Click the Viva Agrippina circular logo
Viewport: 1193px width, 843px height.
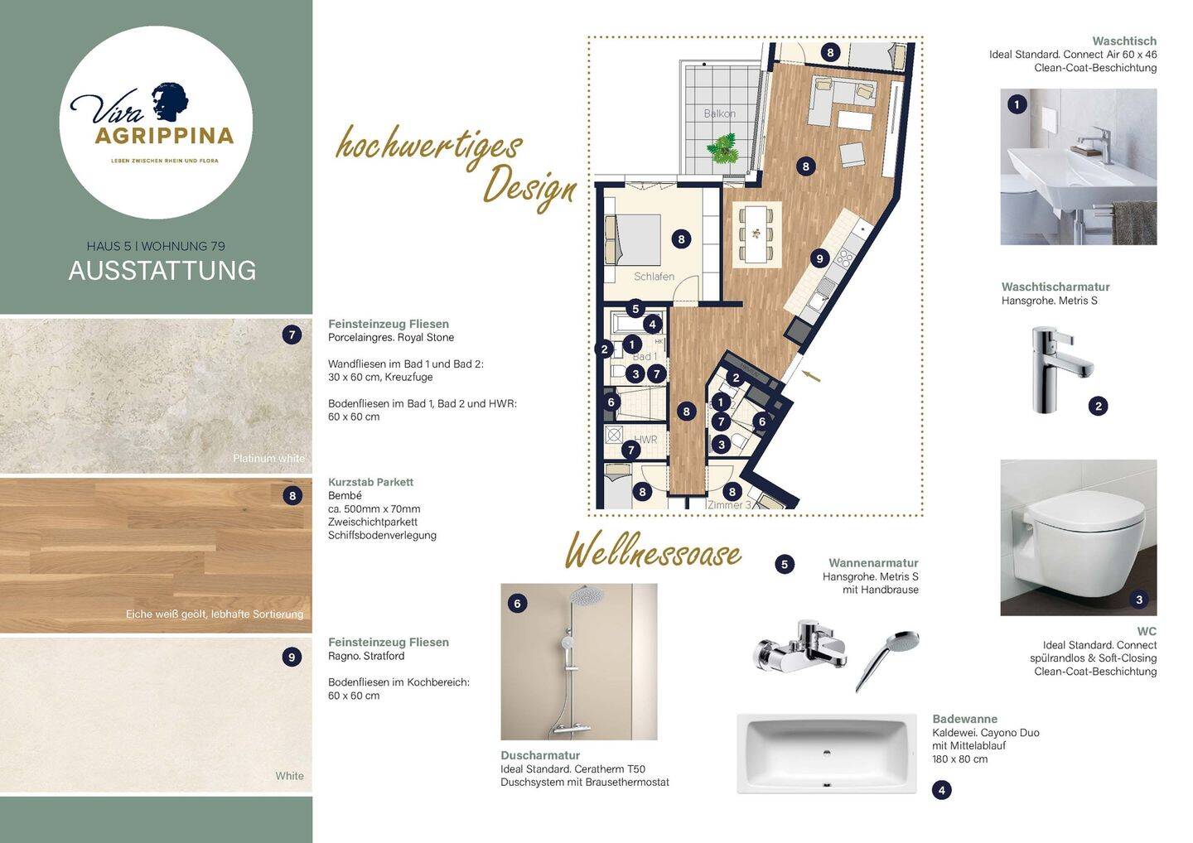click(x=156, y=123)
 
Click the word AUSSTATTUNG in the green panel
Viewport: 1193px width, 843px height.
click(x=162, y=271)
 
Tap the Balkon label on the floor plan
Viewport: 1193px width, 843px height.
click(x=719, y=113)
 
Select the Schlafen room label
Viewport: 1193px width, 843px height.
click(x=654, y=277)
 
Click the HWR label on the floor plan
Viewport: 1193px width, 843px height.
click(x=645, y=440)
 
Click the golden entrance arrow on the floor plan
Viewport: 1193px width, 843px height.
click(x=813, y=376)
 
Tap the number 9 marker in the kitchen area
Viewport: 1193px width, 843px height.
click(x=819, y=258)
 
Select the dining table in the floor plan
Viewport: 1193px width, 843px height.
click(x=756, y=234)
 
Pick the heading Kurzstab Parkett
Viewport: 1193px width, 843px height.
click(x=370, y=482)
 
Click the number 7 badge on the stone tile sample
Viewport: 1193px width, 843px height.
click(x=292, y=335)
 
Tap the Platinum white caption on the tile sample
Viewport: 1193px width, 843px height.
click(x=268, y=458)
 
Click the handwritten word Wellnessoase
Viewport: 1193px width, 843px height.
click(x=653, y=552)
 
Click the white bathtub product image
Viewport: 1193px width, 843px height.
click(x=826, y=754)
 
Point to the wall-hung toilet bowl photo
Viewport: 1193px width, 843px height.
click(x=1078, y=537)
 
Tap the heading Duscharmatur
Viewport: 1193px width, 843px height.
click(x=540, y=755)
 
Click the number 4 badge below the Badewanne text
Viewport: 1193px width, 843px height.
click(x=941, y=790)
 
